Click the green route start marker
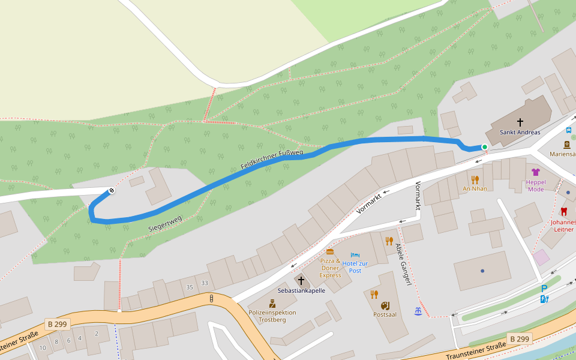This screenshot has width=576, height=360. [485, 147]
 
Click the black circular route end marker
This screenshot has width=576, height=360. [112, 191]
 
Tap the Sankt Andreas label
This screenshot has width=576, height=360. [520, 133]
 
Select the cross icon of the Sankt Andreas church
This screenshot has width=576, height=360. [520, 122]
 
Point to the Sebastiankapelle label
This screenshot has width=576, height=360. [301, 290]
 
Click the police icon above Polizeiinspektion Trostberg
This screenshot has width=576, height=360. [272, 304]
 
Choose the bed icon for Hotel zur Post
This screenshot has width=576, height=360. [355, 255]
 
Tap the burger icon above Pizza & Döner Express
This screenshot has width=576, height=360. [330, 251]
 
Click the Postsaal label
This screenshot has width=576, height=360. [385, 314]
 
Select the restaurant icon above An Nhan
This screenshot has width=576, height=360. [475, 179]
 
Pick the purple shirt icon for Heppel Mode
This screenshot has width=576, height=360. [536, 172]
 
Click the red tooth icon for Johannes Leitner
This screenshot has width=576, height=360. [563, 212]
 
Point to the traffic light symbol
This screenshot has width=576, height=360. [211, 298]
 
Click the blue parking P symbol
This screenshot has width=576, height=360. [544, 289]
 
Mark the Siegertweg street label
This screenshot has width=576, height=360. [164, 224]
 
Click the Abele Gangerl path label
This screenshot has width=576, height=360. [403, 265]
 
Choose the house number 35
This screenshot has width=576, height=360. [190, 287]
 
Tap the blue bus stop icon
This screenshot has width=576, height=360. [569, 130]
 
